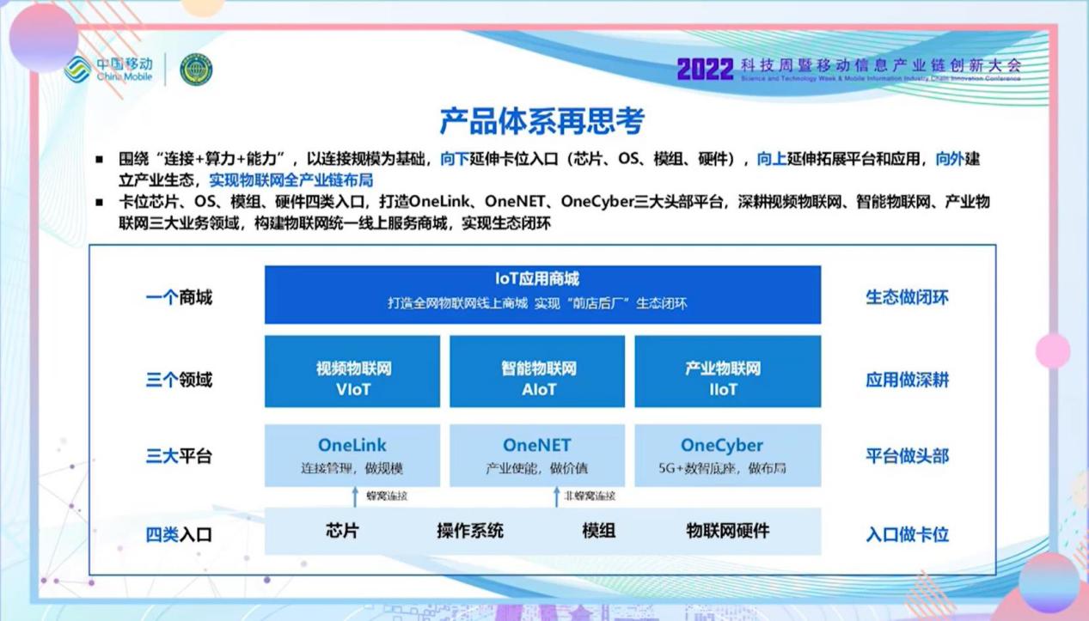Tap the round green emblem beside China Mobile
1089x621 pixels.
click(196, 70)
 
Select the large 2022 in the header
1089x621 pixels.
click(705, 70)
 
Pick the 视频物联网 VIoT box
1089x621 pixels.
click(352, 371)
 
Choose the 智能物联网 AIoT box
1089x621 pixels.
click(538, 371)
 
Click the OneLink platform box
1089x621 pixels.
click(352, 455)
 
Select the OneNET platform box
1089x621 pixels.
click(538, 455)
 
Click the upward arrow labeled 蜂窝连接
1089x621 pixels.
click(355, 496)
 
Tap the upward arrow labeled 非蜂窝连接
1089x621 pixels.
click(555, 496)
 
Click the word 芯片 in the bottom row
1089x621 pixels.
click(342, 531)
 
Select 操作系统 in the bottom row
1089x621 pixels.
click(470, 531)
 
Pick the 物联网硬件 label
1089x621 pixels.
click(728, 531)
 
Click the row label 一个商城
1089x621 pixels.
click(179, 298)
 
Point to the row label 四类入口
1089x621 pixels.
click(179, 534)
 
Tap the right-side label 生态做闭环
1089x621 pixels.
click(907, 298)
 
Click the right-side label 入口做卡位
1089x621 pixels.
click(907, 534)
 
